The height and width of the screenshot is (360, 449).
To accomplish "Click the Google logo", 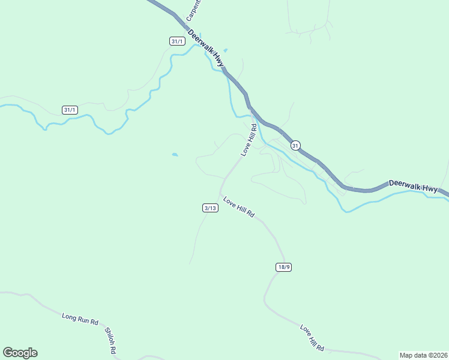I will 20,353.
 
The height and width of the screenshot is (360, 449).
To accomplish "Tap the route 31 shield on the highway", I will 295,145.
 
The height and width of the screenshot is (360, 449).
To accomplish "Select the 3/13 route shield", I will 209,208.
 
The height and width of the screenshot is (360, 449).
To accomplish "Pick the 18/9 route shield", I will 284,266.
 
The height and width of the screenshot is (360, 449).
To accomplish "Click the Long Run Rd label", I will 80,317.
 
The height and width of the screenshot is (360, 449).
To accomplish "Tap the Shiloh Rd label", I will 110,340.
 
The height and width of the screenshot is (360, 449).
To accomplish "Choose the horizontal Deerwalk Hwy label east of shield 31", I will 414,186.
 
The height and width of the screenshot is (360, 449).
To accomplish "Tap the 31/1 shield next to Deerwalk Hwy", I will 176,41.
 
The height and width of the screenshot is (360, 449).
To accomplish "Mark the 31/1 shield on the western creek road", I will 70,109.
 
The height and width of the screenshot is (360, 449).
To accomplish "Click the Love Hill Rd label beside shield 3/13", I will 239,207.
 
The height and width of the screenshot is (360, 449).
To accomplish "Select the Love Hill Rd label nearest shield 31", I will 249,139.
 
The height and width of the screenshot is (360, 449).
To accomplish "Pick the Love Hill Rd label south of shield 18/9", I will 312,338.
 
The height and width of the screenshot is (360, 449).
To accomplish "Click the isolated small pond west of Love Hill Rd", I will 175,155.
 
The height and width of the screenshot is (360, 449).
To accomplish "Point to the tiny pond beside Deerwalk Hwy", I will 226,50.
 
